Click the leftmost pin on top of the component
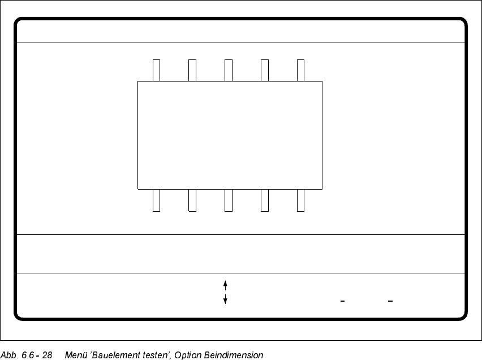click(157, 70)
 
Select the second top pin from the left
click(192, 70)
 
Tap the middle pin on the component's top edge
click(229, 70)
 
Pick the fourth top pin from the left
click(265, 70)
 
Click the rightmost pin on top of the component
click(301, 70)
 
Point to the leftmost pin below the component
click(157, 200)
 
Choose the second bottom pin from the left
click(192, 200)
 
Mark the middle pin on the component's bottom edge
click(229, 200)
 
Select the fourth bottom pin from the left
click(265, 200)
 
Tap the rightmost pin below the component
click(301, 200)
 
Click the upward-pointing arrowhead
click(225, 282)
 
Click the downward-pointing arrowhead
click(225, 301)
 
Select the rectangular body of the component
click(230, 135)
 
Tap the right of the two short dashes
click(390, 301)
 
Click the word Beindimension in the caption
click(236, 355)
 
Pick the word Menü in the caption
click(75, 355)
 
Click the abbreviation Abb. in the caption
click(9, 355)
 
